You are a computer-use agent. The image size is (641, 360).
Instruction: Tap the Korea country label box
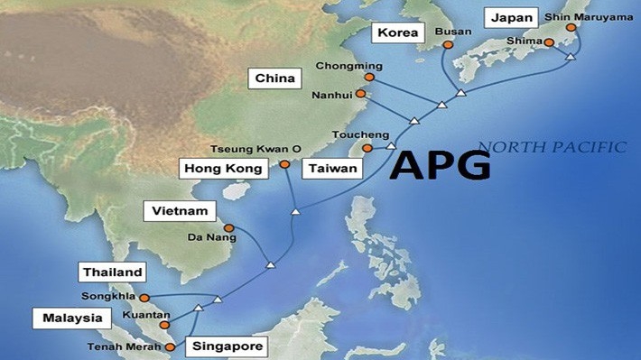[397, 33]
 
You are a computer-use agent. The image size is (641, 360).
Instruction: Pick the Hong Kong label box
[223, 168]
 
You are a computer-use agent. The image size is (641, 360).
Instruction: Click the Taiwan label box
[331, 168]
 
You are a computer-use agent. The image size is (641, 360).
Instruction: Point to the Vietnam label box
[181, 211]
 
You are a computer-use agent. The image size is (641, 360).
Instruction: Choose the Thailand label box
[112, 272]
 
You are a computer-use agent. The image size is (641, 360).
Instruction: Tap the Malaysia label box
[73, 318]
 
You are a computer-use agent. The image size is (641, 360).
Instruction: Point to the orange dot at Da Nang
[228, 227]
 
